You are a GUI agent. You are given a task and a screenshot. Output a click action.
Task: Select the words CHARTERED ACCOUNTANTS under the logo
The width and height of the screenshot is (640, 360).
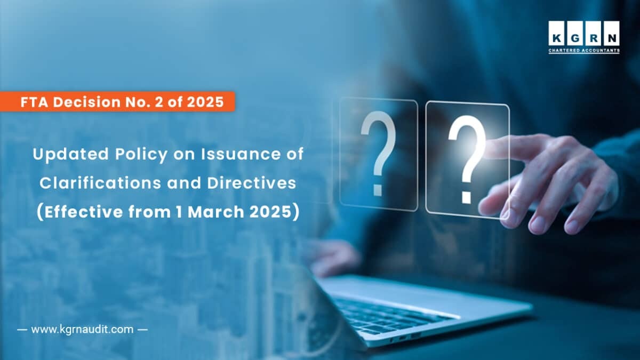[584, 51]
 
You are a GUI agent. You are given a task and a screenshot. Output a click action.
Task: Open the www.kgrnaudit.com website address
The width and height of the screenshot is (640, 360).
[82, 329]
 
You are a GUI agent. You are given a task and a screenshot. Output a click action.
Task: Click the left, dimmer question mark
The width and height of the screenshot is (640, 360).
[378, 151]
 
